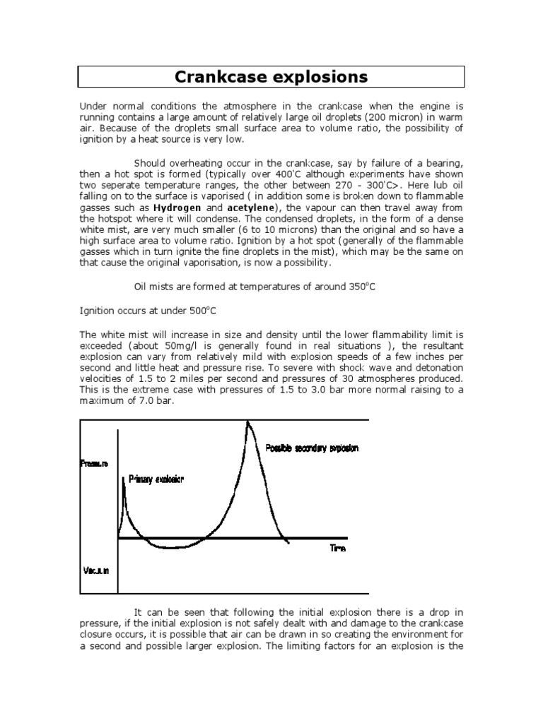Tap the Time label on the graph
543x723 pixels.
(x=338, y=548)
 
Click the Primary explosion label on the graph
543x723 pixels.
(x=156, y=479)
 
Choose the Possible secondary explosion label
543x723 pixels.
(x=312, y=448)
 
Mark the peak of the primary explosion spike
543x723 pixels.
(x=124, y=478)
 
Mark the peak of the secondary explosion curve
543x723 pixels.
(x=247, y=422)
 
